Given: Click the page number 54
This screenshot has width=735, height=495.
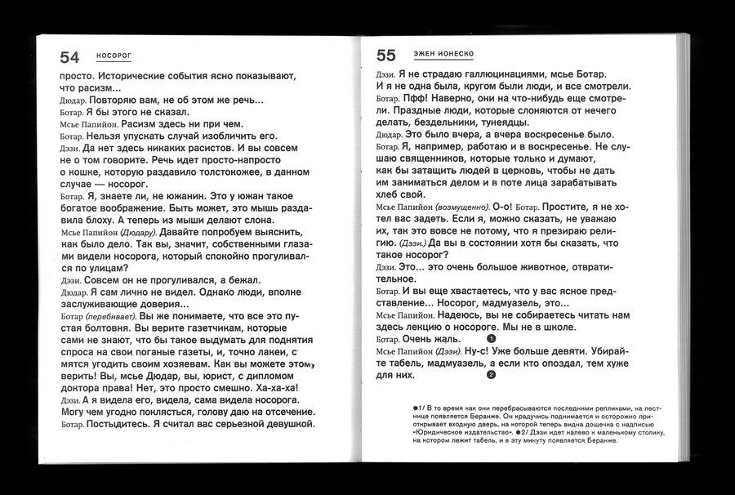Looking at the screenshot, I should tap(69, 56).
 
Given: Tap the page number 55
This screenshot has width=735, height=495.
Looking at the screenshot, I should tap(385, 56).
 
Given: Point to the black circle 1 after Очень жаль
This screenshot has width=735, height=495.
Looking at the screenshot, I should tap(491, 338).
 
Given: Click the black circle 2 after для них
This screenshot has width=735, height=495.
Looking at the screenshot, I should tap(491, 376).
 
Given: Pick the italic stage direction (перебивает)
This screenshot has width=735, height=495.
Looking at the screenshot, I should tap(111, 315).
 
